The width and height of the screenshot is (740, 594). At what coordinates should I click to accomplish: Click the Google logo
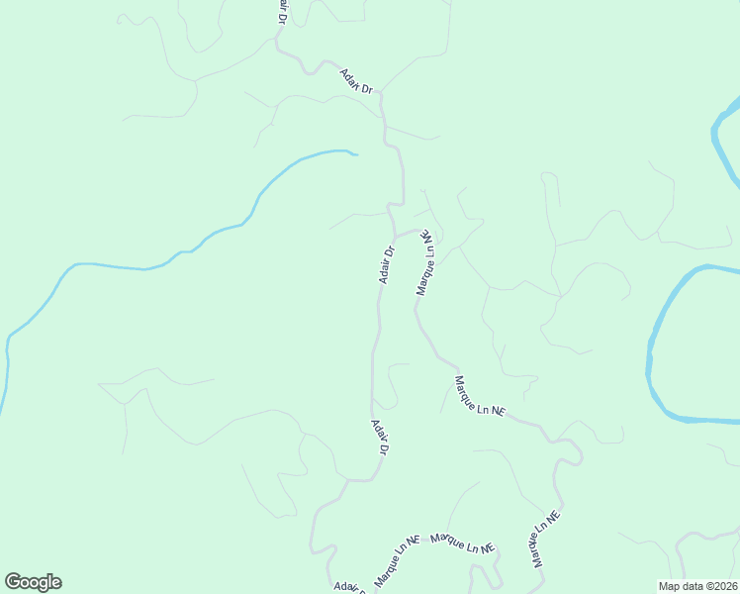33,582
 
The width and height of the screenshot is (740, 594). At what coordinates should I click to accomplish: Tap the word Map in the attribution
670,586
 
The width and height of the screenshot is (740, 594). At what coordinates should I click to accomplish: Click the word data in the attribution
694,586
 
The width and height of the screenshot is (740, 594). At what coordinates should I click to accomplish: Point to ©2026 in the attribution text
722,586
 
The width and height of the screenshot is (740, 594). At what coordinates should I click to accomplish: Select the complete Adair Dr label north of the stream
356,82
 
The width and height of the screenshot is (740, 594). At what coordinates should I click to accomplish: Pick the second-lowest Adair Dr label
379,437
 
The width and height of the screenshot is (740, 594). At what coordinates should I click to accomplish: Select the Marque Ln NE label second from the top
479,396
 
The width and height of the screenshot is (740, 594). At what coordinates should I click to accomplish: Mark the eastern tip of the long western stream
355,154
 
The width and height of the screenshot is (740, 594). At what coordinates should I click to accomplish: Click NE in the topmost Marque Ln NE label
429,242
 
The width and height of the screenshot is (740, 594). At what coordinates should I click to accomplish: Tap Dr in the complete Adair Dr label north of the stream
367,89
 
